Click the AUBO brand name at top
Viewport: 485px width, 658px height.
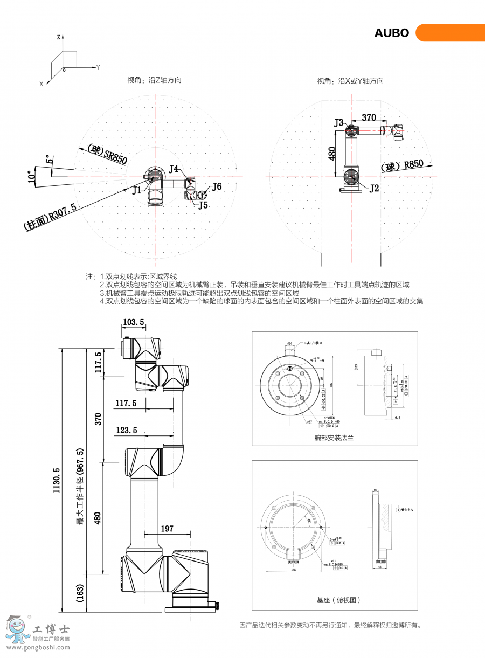point(392,33)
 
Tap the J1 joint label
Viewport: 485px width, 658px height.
point(137,190)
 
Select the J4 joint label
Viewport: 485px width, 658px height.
point(174,169)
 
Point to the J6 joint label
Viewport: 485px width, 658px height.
point(217,186)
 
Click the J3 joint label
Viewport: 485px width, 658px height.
point(338,123)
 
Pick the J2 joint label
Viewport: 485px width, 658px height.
point(374,188)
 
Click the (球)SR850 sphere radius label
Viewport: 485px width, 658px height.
point(107,154)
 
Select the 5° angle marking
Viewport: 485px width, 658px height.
point(49,160)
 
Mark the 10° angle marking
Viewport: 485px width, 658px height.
point(31,176)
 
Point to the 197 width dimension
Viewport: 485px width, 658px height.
point(167,529)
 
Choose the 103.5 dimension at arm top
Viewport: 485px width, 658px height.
point(134,322)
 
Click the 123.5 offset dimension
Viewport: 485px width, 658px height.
point(127,430)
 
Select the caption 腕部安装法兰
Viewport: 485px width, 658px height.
point(334,438)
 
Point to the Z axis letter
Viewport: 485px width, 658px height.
point(58,37)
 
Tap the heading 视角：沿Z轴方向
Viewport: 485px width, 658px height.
point(154,80)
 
